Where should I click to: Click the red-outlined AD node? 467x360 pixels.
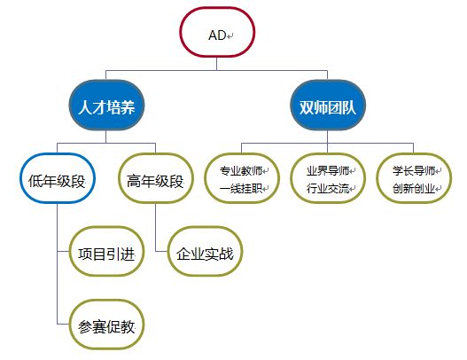217,32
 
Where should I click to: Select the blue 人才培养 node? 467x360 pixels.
106,106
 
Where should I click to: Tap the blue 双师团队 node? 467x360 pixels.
328,106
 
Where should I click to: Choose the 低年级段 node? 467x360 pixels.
58,178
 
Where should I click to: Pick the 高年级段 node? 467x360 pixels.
155,178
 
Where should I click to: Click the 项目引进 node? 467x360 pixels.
106,251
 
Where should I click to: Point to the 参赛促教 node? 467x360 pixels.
106,325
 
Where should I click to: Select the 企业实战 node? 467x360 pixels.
205,251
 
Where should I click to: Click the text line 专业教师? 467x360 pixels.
241,171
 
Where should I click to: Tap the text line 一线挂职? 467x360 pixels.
241,188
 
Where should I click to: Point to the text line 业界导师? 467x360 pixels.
328,171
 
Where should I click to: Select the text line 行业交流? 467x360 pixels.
328,188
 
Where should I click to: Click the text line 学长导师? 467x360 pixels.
414,171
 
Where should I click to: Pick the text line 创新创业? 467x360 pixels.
414,188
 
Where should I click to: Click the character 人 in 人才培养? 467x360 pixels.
85,107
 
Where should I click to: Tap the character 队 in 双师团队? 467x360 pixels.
349,107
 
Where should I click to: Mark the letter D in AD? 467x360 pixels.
222,35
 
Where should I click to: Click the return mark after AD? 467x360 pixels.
230,36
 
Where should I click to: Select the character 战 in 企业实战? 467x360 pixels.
226,254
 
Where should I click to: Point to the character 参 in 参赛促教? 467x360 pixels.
85,327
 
